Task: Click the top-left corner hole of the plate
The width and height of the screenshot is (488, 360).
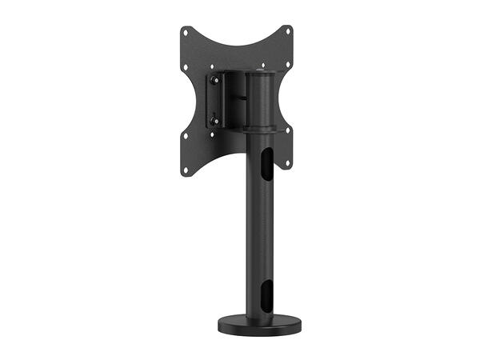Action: click(x=186, y=33)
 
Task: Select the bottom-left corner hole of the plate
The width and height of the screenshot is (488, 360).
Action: click(x=186, y=169)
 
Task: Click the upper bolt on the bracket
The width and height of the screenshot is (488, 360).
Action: click(x=214, y=79)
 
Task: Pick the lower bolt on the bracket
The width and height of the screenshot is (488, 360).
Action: click(x=214, y=121)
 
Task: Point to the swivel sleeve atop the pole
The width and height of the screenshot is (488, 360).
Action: click(x=260, y=100)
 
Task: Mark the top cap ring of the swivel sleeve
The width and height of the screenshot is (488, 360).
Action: click(x=261, y=74)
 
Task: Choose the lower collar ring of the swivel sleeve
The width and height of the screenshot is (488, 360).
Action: click(x=260, y=128)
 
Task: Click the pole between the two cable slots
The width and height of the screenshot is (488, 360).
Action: click(x=260, y=224)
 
